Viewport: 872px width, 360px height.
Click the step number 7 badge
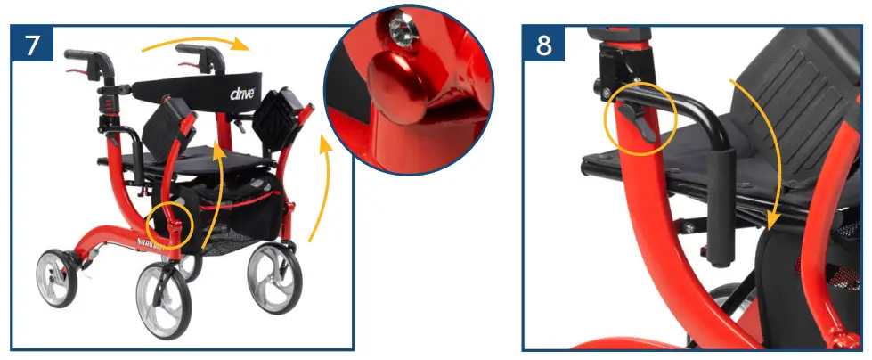(32, 44)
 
